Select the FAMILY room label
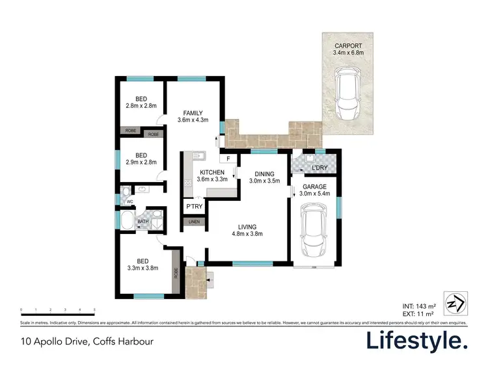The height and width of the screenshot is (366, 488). pos(193,112)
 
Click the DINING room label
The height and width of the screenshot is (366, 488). pos(264,174)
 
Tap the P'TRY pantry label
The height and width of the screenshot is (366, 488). pos(193,207)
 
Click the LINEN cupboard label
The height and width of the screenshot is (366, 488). pos(193,222)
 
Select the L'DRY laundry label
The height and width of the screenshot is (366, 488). pos(319,168)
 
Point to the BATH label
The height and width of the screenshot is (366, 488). pos(142,222)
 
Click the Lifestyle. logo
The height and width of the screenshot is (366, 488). pos(416,341)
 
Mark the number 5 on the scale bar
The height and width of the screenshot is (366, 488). pos(94,309)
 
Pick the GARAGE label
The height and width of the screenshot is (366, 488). pos(316,187)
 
